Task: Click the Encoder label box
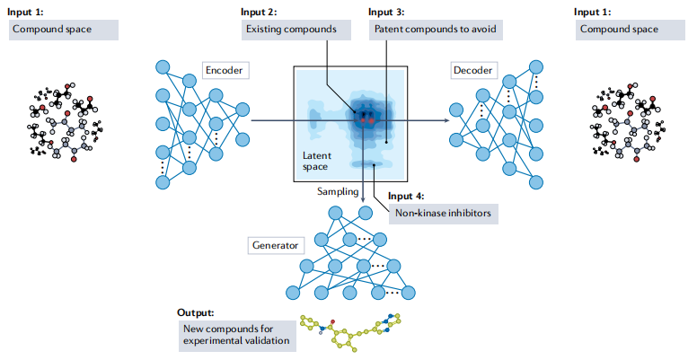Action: [x=223, y=69]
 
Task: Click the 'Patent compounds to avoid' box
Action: [x=434, y=29]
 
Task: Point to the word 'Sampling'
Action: [x=338, y=191]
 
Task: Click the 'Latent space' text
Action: [x=316, y=161]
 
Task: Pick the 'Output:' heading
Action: [x=197, y=312]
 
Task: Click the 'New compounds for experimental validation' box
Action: [x=236, y=334]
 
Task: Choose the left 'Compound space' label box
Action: [x=63, y=29]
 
